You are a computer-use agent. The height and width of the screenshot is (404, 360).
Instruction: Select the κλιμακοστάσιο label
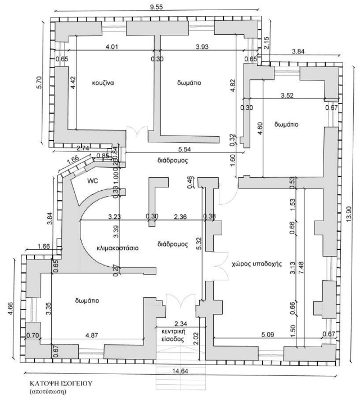[x=118, y=248]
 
